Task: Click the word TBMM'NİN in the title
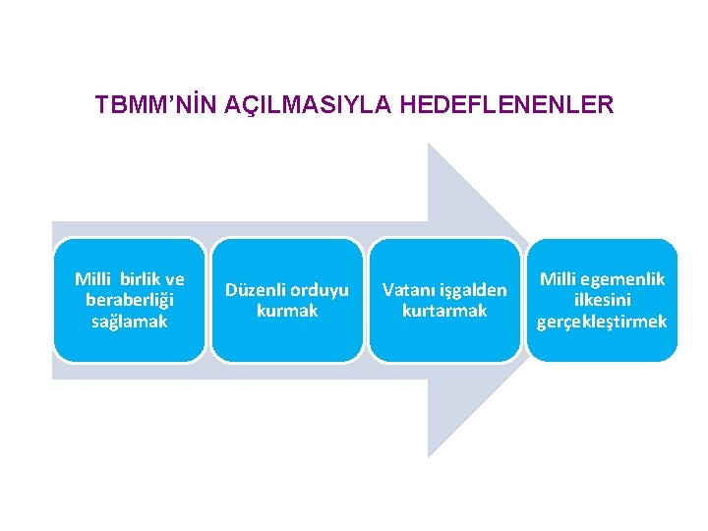(156, 104)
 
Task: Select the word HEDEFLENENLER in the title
(507, 104)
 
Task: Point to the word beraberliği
(130, 300)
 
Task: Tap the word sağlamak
(130, 321)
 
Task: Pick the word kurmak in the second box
(287, 311)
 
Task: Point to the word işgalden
(474, 291)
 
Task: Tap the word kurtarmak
(444, 311)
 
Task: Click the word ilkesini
(602, 300)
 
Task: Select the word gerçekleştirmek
(602, 322)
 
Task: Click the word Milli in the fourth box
(559, 279)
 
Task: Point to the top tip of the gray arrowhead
(429, 145)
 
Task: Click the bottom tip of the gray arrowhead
(429, 456)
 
